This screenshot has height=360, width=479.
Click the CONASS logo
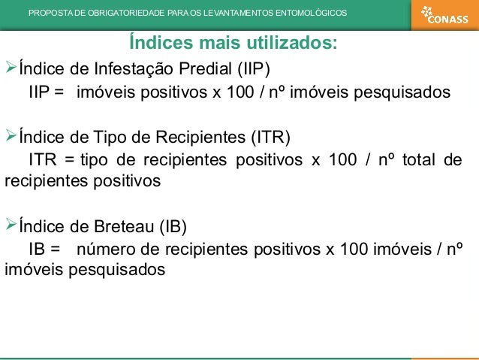(x=444, y=14)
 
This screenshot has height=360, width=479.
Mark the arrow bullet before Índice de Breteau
(x=10, y=225)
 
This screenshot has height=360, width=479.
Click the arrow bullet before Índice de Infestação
(x=10, y=69)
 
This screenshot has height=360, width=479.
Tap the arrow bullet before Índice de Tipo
(x=10, y=137)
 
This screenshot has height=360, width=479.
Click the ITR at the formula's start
(x=43, y=159)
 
